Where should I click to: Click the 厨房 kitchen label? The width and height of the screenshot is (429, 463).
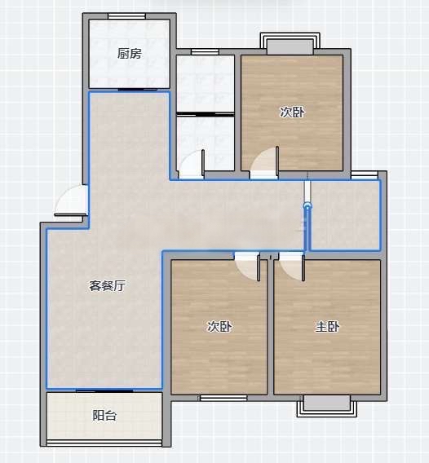click(x=130, y=54)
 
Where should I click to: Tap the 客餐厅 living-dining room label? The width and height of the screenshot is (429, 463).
click(x=108, y=286)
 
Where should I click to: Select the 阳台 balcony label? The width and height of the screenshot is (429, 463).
click(x=104, y=416)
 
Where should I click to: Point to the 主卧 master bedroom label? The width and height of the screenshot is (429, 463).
click(x=327, y=327)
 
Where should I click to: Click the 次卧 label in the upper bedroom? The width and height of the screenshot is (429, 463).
click(x=292, y=112)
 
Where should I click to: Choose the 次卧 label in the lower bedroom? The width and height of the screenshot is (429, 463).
click(x=219, y=327)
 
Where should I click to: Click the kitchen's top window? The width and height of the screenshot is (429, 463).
click(x=126, y=16)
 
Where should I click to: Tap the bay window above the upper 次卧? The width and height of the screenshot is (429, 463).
click(x=290, y=44)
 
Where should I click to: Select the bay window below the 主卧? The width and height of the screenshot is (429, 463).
click(x=327, y=406)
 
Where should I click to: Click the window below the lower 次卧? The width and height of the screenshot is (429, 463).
click(x=223, y=398)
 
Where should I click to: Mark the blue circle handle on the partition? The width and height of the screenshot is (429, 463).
click(x=307, y=205)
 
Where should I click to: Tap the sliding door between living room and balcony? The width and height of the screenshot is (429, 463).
click(x=104, y=390)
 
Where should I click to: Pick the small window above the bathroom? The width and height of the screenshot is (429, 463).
click(x=205, y=52)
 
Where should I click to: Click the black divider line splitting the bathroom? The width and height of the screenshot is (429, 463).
click(x=206, y=114)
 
